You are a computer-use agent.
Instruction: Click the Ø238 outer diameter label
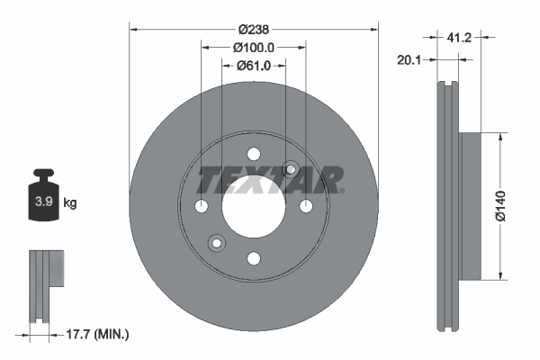pyautogui.click(x=253, y=28)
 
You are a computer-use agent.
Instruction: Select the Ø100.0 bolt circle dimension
pyautogui.click(x=253, y=47)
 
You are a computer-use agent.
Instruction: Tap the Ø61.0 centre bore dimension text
pyautogui.click(x=254, y=65)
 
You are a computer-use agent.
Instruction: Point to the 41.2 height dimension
pyautogui.click(x=459, y=38)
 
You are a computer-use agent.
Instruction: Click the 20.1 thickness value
pyautogui.click(x=410, y=60)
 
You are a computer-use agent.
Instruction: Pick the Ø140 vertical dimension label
pyautogui.click(x=514, y=205)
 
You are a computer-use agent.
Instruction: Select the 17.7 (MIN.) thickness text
pyautogui.click(x=98, y=334)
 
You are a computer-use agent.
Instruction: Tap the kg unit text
pyautogui.click(x=69, y=202)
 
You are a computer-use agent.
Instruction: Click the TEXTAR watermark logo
pyautogui.click(x=271, y=180)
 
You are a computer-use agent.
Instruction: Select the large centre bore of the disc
pyautogui.click(x=253, y=206)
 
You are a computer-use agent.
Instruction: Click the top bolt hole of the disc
pyautogui.click(x=253, y=154)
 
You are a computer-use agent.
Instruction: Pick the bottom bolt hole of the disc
pyautogui.click(x=253, y=258)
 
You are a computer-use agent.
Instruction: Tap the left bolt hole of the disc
pyautogui.click(x=201, y=207)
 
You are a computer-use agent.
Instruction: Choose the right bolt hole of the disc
pyautogui.click(x=305, y=207)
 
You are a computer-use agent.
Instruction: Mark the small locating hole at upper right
pyautogui.click(x=290, y=169)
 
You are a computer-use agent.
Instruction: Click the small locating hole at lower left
pyautogui.click(x=216, y=243)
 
